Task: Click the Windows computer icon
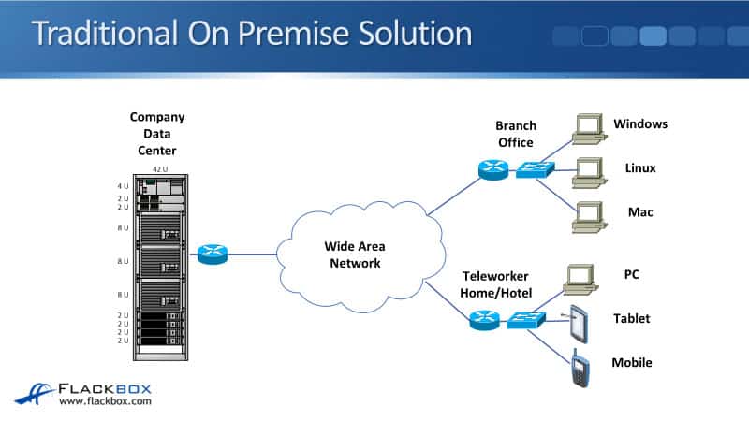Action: point(587,129)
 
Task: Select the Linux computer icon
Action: point(587,171)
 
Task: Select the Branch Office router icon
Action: point(492,170)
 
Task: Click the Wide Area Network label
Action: point(354,254)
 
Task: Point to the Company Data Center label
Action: point(156,134)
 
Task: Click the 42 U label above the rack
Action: point(159,169)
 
